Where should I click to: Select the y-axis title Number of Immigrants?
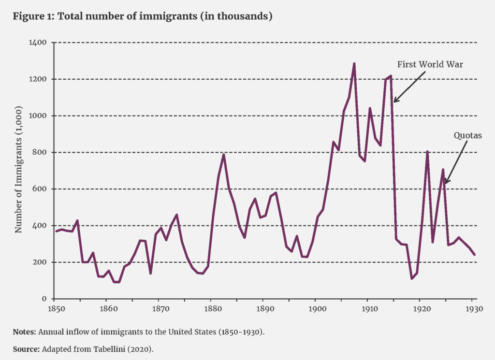tap(19, 171)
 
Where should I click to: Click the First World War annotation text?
tap(430, 64)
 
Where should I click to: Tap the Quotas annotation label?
tap(467, 136)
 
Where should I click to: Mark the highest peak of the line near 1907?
tap(354, 63)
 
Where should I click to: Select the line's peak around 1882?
tap(223, 155)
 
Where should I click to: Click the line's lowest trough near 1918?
tap(411, 279)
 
